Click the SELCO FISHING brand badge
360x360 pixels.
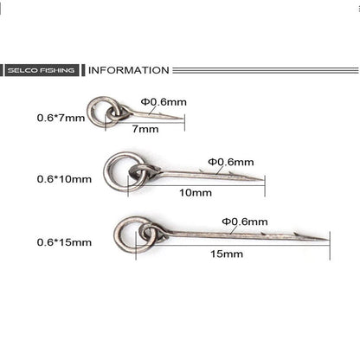[42, 70]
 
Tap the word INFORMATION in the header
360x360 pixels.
[129, 70]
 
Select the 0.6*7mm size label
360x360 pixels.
[61, 118]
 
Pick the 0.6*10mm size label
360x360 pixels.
[64, 179]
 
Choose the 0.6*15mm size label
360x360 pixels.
[64, 242]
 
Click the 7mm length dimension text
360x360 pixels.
[145, 129]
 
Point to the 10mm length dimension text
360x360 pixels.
[196, 192]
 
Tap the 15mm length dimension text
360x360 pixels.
[227, 254]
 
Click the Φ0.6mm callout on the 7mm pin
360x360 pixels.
[164, 102]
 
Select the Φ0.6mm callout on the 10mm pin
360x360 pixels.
[231, 162]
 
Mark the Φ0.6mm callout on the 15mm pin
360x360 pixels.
[245, 222]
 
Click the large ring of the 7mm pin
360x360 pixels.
[89, 112]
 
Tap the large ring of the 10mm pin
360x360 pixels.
[106, 172]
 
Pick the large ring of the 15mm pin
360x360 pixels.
[116, 235]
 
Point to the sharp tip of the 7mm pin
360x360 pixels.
[183, 118]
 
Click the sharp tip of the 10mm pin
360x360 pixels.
[264, 180]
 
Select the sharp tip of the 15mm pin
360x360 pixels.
[329, 240]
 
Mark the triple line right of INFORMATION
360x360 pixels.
[266, 70]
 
